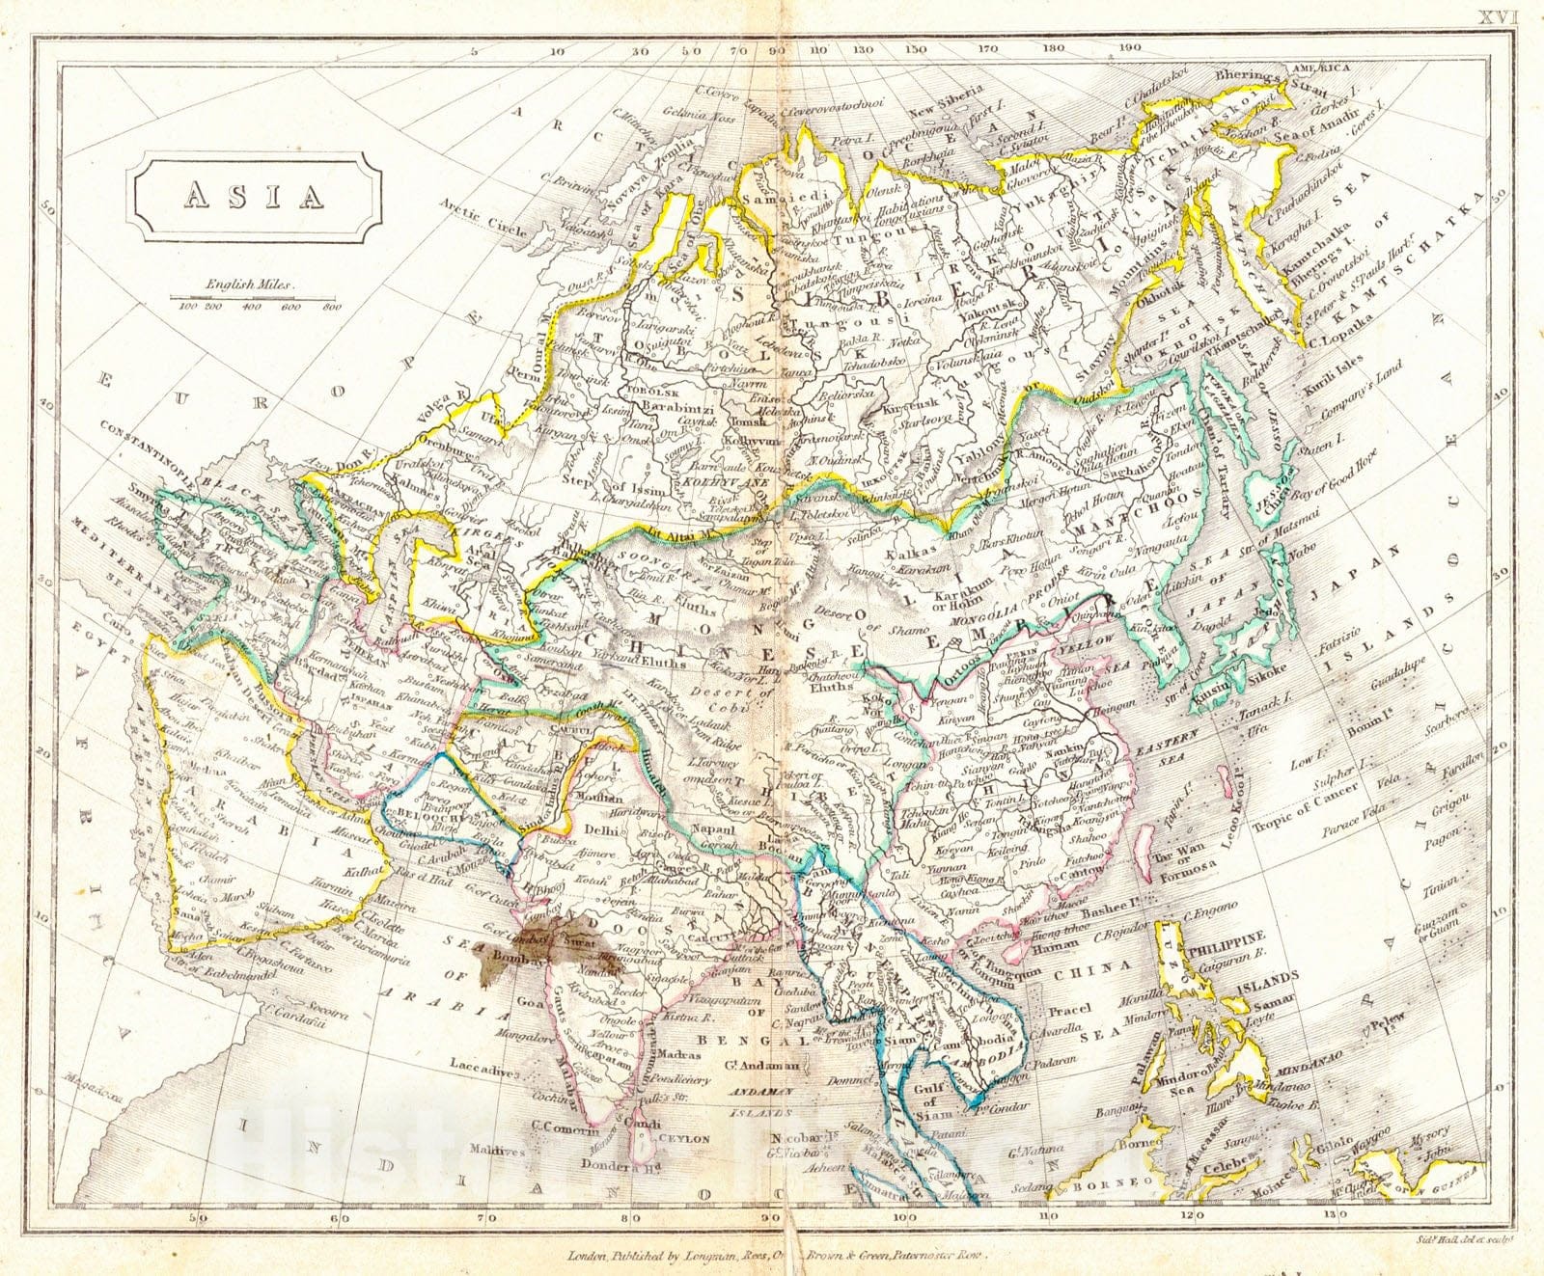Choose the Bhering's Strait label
[x=1252, y=73]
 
